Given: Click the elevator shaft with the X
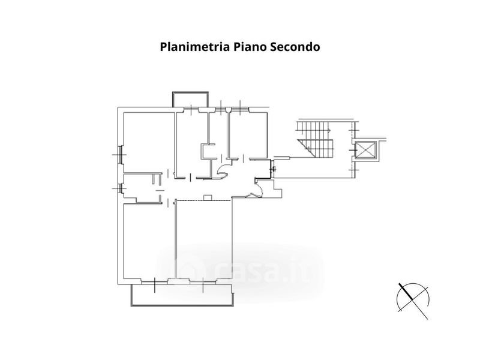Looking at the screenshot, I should pyautogui.click(x=365, y=151).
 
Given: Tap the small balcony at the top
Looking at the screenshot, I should pyautogui.click(x=190, y=100).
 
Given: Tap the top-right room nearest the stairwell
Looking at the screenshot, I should pyautogui.click(x=248, y=134).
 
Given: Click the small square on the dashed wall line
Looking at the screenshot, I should pyautogui.click(x=207, y=197).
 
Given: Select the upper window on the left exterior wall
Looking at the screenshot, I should pyautogui.click(x=120, y=155).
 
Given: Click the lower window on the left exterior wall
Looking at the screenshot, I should pyautogui.click(x=121, y=188).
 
